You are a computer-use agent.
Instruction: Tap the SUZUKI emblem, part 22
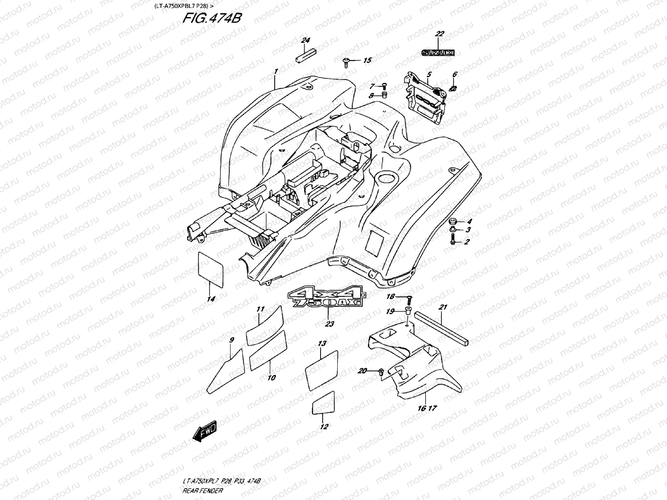[437, 53]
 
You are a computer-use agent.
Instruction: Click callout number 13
[322, 344]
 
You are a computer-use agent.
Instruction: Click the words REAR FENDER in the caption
[203, 490]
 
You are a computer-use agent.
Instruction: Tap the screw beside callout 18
[409, 297]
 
